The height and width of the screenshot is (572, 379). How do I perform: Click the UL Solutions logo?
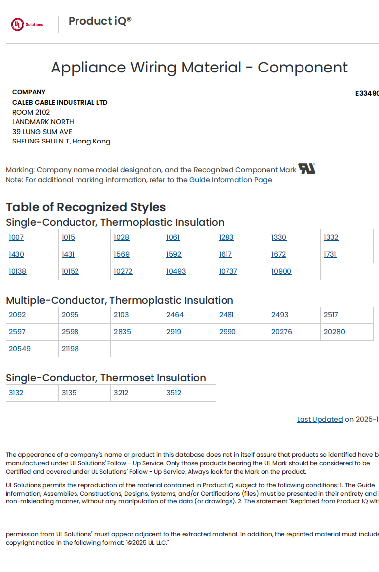(27, 24)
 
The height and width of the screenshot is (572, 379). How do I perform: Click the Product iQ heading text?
(100, 21)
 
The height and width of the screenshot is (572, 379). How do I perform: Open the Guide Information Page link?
(230, 180)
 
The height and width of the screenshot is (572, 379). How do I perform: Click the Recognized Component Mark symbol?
(306, 169)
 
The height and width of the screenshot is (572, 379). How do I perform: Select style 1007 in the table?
(16, 237)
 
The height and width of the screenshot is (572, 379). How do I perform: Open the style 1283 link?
(226, 237)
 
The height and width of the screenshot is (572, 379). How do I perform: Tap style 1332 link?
(331, 237)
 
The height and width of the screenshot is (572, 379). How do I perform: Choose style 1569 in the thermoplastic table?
(122, 254)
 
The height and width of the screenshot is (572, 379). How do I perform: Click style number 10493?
(176, 271)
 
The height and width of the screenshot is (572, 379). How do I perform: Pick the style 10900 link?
(281, 271)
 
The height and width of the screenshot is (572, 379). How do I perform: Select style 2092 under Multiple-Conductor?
(17, 315)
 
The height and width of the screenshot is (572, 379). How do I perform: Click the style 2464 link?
(175, 315)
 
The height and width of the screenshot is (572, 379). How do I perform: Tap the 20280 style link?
(334, 332)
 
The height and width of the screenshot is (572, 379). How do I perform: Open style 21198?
(70, 349)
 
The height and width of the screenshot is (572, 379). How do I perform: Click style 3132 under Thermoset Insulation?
(16, 393)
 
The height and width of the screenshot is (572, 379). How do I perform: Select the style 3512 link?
(174, 393)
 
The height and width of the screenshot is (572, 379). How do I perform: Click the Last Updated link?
(320, 419)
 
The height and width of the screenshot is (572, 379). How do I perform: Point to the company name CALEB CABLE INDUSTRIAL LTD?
(60, 102)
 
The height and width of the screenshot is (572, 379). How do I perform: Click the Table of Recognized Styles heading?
(86, 207)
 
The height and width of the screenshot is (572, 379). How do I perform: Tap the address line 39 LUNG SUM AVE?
(42, 132)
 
